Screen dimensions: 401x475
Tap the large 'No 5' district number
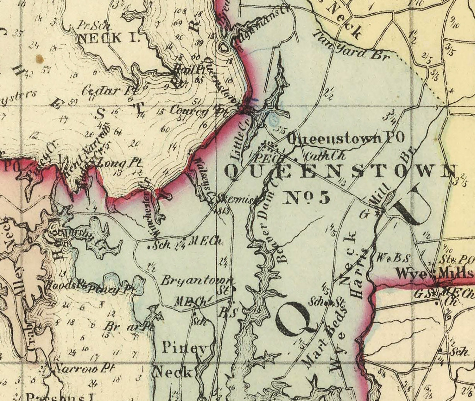tap(306, 198)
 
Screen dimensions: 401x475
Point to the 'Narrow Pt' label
tap(84, 368)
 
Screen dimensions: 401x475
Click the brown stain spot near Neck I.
tap(39, 59)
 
